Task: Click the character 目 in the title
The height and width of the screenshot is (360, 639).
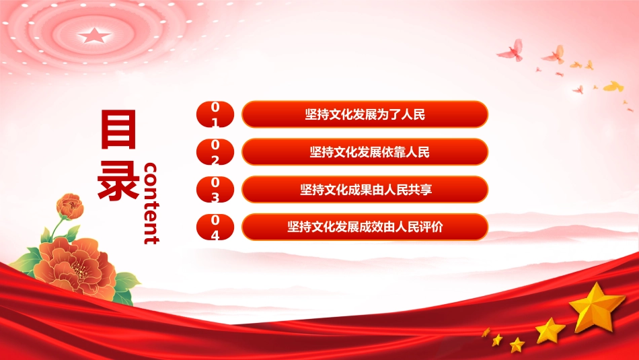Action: click(118, 129)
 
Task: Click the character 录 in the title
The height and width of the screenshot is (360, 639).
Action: click(118, 180)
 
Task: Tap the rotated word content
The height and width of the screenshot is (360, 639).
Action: click(151, 203)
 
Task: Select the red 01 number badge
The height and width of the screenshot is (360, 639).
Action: click(215, 114)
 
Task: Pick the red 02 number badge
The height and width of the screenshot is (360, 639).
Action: click(215, 151)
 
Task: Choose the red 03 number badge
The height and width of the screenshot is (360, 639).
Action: click(215, 189)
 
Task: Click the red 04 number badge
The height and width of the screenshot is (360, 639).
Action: click(215, 227)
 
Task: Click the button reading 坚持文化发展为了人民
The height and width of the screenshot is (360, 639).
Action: click(365, 114)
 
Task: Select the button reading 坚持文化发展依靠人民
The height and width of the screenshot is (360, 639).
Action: click(365, 151)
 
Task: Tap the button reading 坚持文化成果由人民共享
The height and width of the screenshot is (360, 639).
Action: click(365, 189)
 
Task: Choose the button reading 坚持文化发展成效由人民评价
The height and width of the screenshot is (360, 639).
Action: click(365, 227)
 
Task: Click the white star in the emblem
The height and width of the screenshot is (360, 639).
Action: click(94, 36)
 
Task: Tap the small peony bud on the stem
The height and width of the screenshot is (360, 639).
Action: click(70, 207)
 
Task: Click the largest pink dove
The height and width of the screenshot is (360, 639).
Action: click(511, 50)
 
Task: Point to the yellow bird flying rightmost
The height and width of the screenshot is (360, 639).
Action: click(613, 86)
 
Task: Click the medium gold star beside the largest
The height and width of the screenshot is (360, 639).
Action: click(550, 330)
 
